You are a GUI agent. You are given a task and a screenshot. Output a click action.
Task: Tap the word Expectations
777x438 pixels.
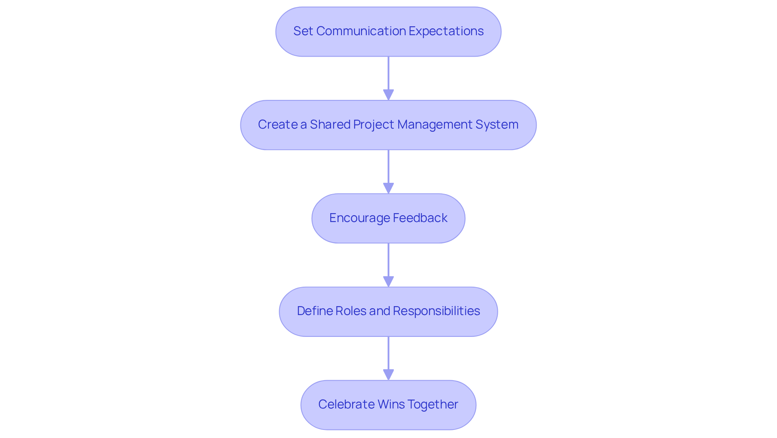pyautogui.click(x=446, y=31)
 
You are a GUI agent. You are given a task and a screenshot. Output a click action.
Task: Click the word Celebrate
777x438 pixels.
pyautogui.click(x=346, y=404)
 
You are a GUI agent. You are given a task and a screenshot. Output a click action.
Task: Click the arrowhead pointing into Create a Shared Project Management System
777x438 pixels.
pyautogui.click(x=388, y=95)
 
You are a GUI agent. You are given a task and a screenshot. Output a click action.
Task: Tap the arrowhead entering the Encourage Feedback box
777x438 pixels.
pyautogui.click(x=388, y=188)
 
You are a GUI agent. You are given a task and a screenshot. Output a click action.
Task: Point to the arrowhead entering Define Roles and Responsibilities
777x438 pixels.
pyautogui.click(x=388, y=282)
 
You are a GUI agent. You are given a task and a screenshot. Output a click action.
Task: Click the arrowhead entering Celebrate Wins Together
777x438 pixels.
pyautogui.click(x=388, y=375)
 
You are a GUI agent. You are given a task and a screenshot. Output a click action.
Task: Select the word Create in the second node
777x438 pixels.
pyautogui.click(x=278, y=125)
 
